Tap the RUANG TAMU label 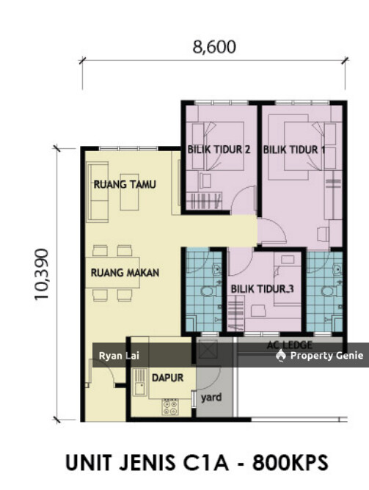pyautogui.click(x=125, y=185)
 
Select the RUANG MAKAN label pyautogui.click(x=125, y=272)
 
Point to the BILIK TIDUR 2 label pyautogui.click(x=219, y=150)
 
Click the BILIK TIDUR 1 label pyautogui.click(x=294, y=150)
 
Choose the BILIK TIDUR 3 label pyautogui.click(x=263, y=289)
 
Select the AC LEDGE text pyautogui.click(x=291, y=345)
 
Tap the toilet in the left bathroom pyautogui.click(x=207, y=294)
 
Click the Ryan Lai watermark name pyautogui.click(x=114, y=356)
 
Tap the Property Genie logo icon pyautogui.click(x=281, y=356)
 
